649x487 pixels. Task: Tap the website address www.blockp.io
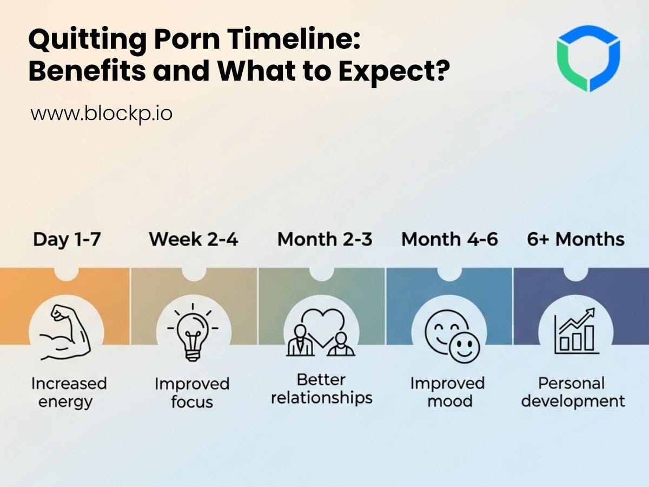pos(101,114)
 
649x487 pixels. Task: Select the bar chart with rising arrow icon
pos(576,331)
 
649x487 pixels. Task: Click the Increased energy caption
pos(69,392)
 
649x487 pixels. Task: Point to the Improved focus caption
pos(192,393)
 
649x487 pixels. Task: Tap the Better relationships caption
pos(322,389)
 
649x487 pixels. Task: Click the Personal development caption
pos(573,392)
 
